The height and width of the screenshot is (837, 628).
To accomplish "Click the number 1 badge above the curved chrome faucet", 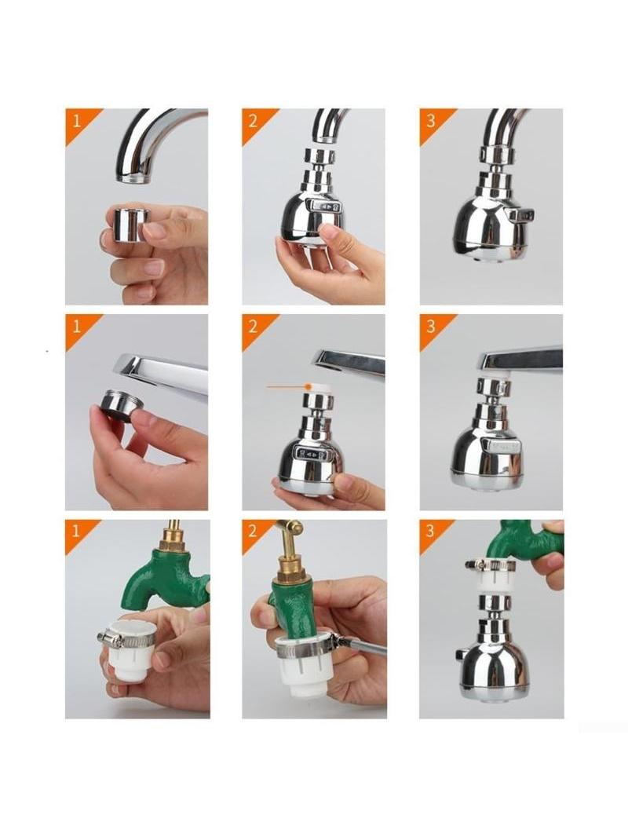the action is coord(77,121).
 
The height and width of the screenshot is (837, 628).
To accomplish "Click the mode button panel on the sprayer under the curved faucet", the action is coord(325,207).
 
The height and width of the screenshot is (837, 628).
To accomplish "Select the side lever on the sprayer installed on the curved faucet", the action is coord(520,215).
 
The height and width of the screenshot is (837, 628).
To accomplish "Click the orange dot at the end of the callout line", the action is coord(308,386).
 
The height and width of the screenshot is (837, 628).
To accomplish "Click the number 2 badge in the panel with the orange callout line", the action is coord(253,326).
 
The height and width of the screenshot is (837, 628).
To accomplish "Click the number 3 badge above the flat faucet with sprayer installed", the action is coord(431,326).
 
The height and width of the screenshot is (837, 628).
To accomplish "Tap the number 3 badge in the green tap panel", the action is coord(431,531).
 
